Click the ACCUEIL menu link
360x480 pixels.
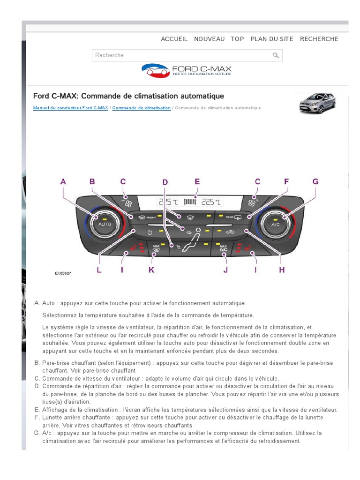pyautogui.click(x=174, y=39)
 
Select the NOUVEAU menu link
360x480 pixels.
pyautogui.click(x=209, y=39)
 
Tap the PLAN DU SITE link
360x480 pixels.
pyautogui.click(x=272, y=39)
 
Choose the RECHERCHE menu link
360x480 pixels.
pyautogui.click(x=319, y=39)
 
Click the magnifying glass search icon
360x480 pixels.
pyautogui.click(x=276, y=55)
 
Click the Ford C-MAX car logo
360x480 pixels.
pyautogui.click(x=187, y=71)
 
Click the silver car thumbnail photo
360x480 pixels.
pyautogui.click(x=317, y=103)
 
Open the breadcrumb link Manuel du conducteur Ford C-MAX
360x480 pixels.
pyautogui.click(x=70, y=108)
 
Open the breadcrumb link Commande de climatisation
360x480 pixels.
pyautogui.click(x=141, y=108)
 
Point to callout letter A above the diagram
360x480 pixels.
pyautogui.click(x=63, y=181)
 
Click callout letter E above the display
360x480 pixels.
pyautogui.click(x=197, y=181)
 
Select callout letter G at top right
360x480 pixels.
pyautogui.click(x=315, y=181)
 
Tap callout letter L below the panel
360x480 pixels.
pyautogui.click(x=99, y=270)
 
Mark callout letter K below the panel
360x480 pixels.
pyautogui.click(x=151, y=270)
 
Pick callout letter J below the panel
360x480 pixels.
pyautogui.click(x=225, y=270)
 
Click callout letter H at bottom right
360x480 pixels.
pyautogui.click(x=282, y=270)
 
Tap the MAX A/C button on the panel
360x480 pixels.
pyautogui.click(x=224, y=249)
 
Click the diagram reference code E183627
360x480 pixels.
pyautogui.click(x=63, y=273)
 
